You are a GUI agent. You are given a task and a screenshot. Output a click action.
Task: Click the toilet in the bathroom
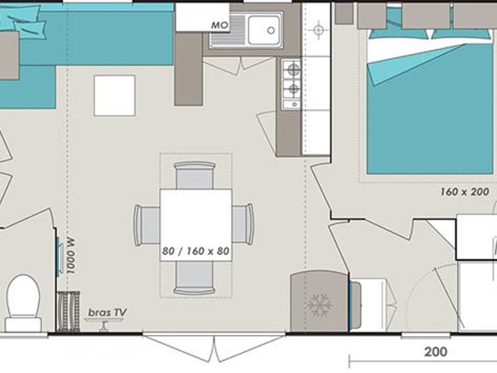24,303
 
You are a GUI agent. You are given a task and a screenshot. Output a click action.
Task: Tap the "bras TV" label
108,313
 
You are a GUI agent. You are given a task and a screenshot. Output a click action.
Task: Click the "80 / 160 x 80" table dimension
195,251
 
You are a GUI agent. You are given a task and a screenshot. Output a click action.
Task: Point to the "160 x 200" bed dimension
464,192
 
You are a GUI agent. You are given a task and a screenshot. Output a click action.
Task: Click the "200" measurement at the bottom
436,352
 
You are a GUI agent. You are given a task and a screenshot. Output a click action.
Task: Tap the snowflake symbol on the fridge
320,305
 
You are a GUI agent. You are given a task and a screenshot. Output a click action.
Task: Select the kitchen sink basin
264,30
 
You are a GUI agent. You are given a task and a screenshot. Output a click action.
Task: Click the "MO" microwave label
220,25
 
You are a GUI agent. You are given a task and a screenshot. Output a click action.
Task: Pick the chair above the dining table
195,175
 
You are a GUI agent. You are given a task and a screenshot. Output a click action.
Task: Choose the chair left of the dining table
147,225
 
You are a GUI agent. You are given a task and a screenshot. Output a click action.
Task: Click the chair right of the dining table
243,224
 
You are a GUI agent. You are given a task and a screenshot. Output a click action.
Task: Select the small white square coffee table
115,96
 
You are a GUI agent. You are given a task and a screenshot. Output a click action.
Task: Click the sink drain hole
271,30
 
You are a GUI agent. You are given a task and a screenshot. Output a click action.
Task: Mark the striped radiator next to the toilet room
68,312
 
